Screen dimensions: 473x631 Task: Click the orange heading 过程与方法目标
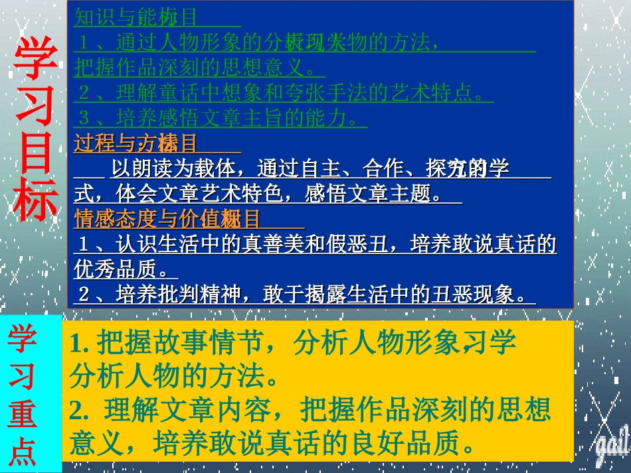click(x=135, y=143)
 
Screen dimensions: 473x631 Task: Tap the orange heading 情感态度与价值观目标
click(x=167, y=219)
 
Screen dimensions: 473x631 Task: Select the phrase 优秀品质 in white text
click(x=116, y=269)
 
